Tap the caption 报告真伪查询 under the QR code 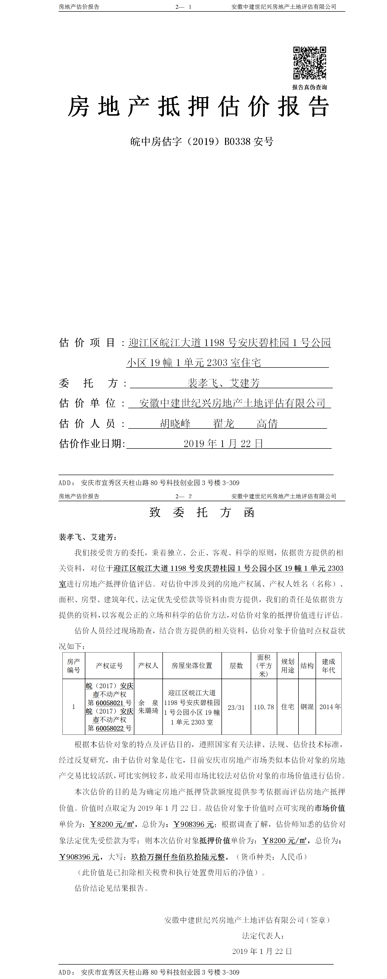point(309,87)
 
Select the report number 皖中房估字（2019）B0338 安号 point(202,141)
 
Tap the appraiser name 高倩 point(267,423)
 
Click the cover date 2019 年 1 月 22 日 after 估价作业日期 point(223,444)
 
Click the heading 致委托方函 point(202,512)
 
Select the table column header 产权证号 point(109,665)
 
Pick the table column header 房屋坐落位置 point(192,665)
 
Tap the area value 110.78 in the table point(264,707)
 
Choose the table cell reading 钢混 point(307,707)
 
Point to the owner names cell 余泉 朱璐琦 point(148,707)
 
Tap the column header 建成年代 point(328,665)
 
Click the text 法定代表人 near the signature point(263,936)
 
